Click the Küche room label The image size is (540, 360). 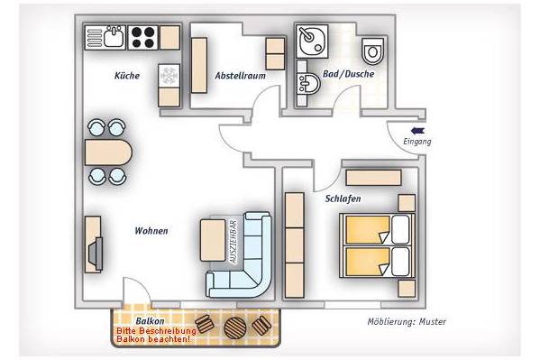(x=127, y=76)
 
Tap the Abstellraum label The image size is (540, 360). (x=241, y=76)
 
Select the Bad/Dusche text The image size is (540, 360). (x=349, y=74)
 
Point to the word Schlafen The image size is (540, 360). (x=343, y=198)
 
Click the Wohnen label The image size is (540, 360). (x=151, y=231)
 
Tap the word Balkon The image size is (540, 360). (x=150, y=321)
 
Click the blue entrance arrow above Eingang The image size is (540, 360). (x=417, y=131)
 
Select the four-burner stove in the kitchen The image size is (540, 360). (x=143, y=37)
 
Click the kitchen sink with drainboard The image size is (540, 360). (x=105, y=37)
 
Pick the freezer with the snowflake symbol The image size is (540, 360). (x=169, y=75)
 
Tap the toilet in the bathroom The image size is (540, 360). (x=373, y=51)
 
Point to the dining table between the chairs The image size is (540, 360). (x=108, y=152)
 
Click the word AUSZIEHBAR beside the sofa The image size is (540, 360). (x=233, y=242)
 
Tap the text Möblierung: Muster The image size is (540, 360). (x=407, y=322)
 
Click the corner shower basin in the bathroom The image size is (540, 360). (x=312, y=42)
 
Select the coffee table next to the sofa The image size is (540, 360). (x=213, y=240)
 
